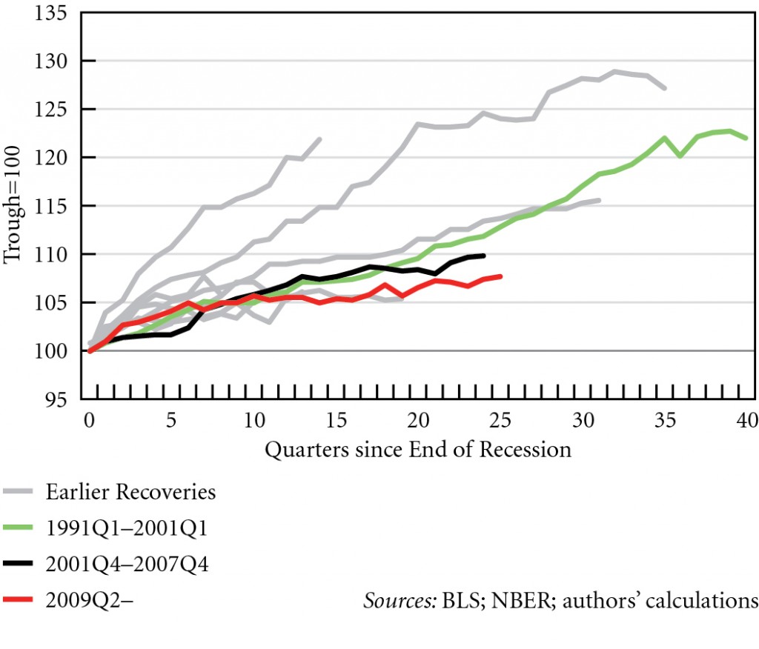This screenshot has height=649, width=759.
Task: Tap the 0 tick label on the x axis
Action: coord(90,421)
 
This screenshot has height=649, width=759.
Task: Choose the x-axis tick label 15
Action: coord(336,421)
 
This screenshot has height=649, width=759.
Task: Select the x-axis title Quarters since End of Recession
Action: coord(418,450)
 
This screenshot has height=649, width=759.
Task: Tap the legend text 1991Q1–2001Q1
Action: coord(127,528)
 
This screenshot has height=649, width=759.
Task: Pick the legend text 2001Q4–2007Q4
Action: coord(127,565)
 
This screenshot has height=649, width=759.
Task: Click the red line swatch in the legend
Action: coord(21,601)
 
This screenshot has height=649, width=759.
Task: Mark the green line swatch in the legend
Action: coord(21,528)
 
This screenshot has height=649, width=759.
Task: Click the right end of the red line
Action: coord(502,276)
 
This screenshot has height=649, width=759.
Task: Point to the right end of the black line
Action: coord(484,256)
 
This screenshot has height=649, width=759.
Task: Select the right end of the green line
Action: coord(746,139)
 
